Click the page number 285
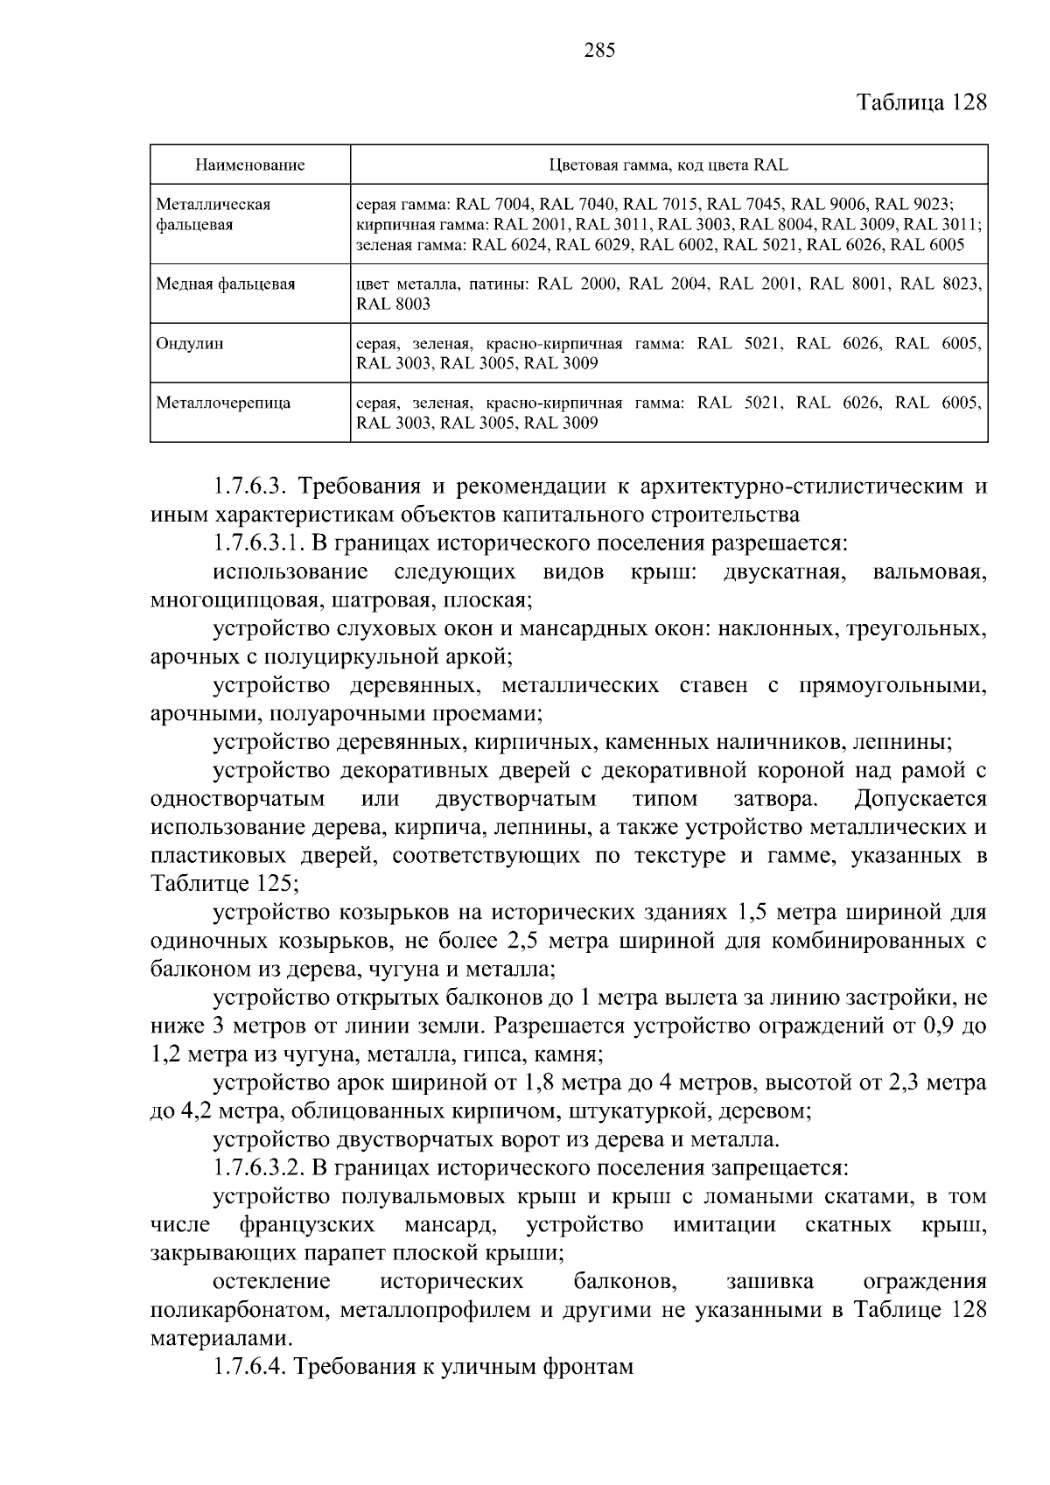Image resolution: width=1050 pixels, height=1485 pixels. coord(599,50)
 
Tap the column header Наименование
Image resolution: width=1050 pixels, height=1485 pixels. coord(249,165)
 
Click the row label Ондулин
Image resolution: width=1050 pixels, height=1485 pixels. coord(190,343)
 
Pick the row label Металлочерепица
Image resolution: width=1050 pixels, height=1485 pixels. coord(223,403)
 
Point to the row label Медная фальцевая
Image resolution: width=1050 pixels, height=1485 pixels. coord(226,284)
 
